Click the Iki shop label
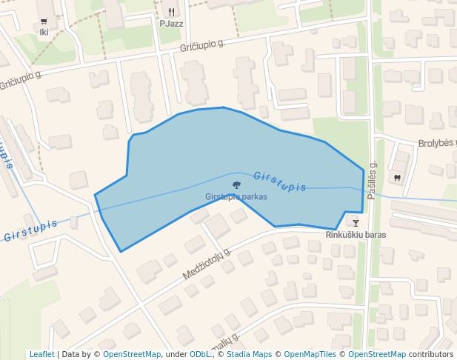(x=44, y=33)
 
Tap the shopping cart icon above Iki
(x=44, y=21)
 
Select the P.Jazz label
(x=171, y=24)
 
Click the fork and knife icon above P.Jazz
(x=171, y=12)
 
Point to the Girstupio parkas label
(x=236, y=197)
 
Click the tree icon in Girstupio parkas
(x=236, y=185)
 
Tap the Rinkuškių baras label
(x=356, y=235)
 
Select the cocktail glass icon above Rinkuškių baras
(x=356, y=222)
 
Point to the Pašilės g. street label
(x=373, y=180)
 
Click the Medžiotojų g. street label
(x=207, y=264)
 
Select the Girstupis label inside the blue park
(x=280, y=181)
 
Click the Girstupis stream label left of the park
(x=30, y=230)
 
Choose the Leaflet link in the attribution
(x=41, y=355)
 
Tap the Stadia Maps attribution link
(x=249, y=355)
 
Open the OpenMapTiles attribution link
(x=310, y=355)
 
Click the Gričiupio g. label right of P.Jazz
(x=202, y=47)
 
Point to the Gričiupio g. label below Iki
(x=21, y=81)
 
